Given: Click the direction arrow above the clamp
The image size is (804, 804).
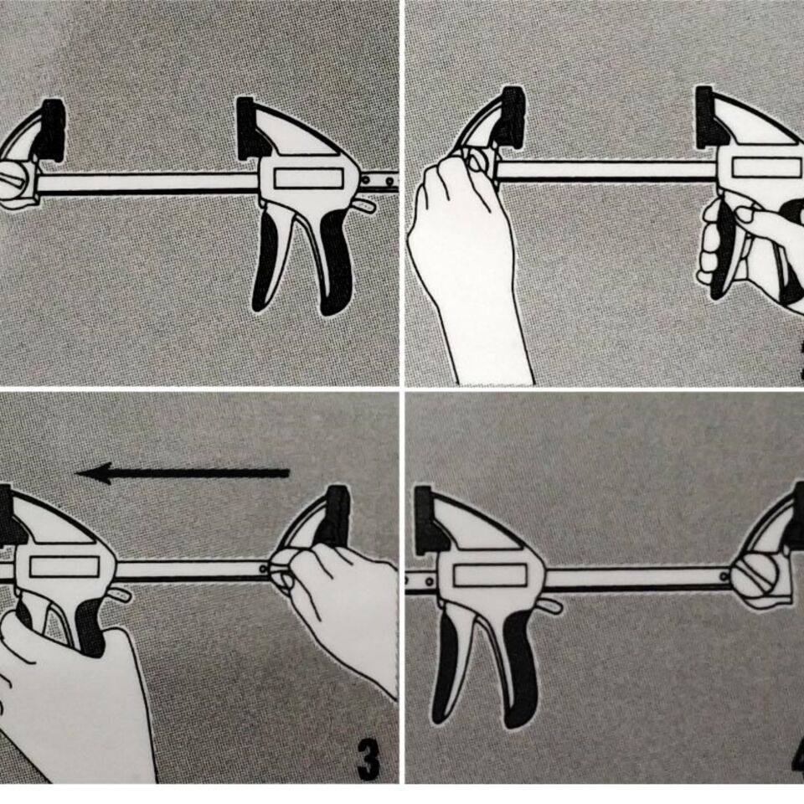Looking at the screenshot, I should (184, 474).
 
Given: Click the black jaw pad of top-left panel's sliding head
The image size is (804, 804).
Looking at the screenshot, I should (246, 127).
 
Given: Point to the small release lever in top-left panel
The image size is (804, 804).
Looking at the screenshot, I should (364, 205).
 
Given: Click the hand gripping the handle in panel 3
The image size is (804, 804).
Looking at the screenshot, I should (67, 687).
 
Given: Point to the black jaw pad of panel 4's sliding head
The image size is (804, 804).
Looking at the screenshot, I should (424, 520).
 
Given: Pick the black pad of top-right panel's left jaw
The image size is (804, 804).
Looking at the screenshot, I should (512, 117).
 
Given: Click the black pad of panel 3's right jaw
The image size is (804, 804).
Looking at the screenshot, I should (338, 515).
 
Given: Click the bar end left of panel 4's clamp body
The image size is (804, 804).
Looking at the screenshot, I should (419, 578).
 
